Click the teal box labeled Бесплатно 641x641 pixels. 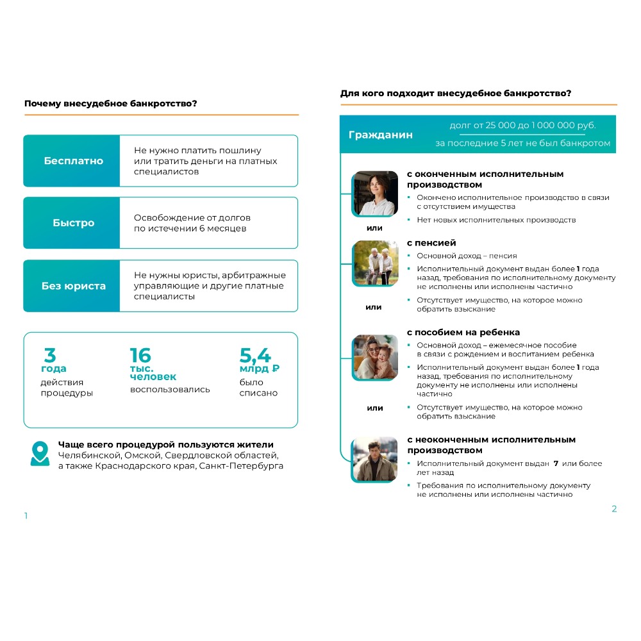coord(72,161)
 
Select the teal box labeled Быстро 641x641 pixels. coord(72,223)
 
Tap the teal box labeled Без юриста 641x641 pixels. coord(72,286)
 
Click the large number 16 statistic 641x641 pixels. coord(140,356)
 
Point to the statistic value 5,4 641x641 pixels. coord(255,355)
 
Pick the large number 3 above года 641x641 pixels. coord(49,355)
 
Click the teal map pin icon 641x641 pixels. coord(40,453)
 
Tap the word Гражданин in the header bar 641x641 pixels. coord(380,135)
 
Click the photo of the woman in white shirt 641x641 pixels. coord(375,193)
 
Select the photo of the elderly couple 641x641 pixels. coord(375,263)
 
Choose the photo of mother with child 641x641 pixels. coord(375,356)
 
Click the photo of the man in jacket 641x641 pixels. coord(375,459)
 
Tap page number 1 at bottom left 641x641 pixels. coord(26,516)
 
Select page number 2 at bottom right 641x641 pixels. coord(614,509)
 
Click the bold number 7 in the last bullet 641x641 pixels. coord(556,463)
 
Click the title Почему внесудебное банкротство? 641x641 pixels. coord(110,104)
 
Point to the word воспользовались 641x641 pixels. coord(170,389)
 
